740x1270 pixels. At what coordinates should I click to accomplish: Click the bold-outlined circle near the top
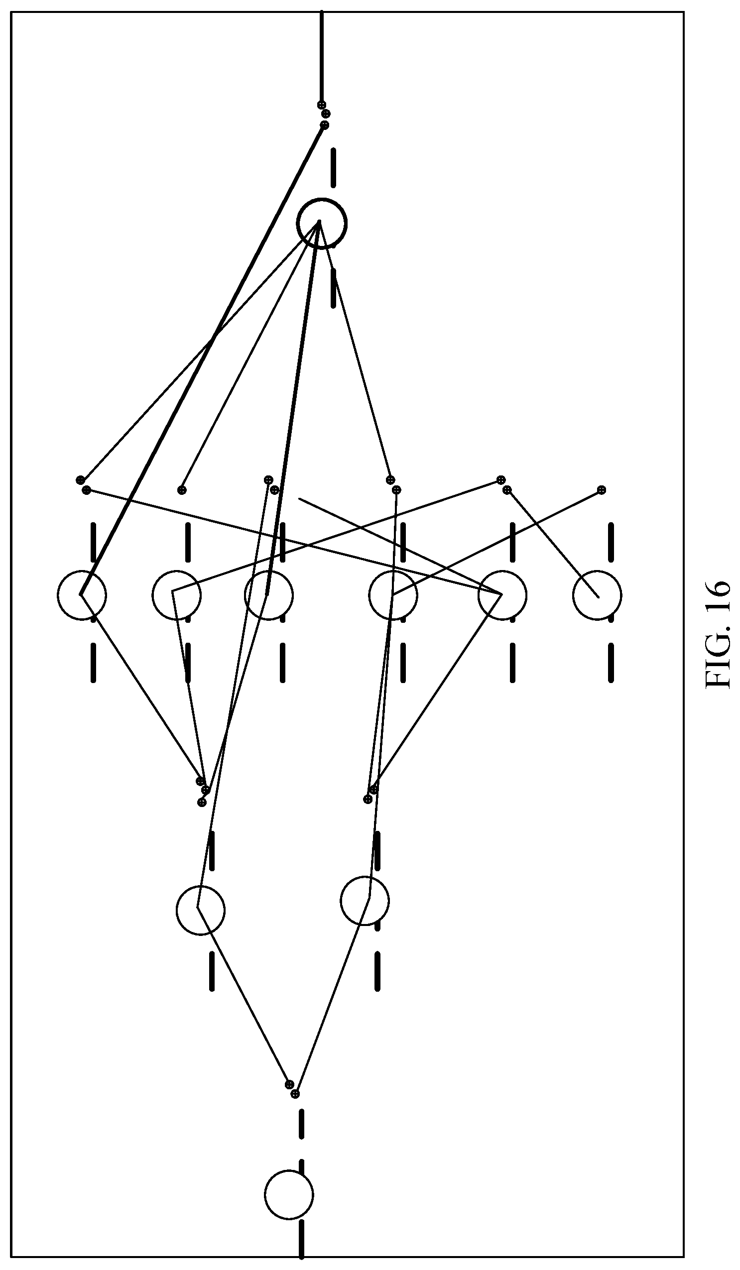point(297,223)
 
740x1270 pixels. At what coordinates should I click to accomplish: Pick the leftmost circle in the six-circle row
point(57,595)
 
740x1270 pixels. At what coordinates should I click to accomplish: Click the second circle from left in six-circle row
point(152,595)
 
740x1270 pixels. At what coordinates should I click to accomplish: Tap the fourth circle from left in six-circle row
point(369,595)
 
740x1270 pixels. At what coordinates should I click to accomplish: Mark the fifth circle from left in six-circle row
point(479,595)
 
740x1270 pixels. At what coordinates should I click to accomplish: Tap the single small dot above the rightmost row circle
point(601,489)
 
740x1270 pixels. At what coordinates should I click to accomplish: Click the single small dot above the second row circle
point(182,489)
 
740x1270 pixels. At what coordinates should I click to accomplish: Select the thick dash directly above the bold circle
point(333,167)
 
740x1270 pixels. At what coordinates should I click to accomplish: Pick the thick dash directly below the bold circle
point(333,288)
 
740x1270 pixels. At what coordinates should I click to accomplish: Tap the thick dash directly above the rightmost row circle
point(611,542)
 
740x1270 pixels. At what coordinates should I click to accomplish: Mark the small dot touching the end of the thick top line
point(321,105)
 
